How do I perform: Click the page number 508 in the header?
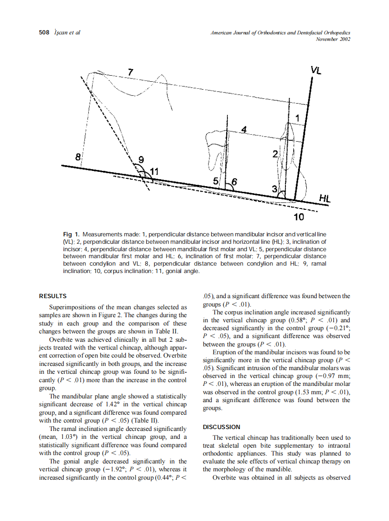click(x=44, y=33)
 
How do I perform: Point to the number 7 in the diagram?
click(x=130, y=72)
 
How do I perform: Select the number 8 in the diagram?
click(x=78, y=156)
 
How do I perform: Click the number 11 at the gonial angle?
click(x=153, y=171)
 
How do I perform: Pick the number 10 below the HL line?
click(x=299, y=217)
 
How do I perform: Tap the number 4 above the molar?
click(x=243, y=129)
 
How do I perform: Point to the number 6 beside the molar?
click(x=234, y=182)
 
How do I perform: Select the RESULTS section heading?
click(x=53, y=296)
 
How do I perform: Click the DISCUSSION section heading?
click(x=221, y=427)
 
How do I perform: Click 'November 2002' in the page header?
click(x=332, y=39)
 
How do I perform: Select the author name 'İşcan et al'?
click(x=68, y=33)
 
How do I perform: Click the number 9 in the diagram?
click(x=140, y=160)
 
